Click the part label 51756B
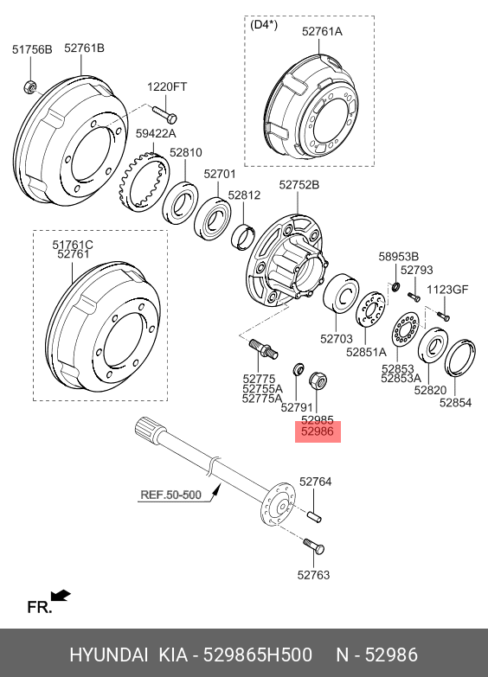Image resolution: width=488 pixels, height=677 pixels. (32, 49)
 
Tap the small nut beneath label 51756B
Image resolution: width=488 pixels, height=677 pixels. (29, 86)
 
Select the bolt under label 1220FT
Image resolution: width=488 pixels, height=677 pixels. (164, 113)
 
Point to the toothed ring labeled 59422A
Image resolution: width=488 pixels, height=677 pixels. (144, 182)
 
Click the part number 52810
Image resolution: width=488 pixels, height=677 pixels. (186, 152)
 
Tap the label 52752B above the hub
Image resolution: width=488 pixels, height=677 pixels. (299, 185)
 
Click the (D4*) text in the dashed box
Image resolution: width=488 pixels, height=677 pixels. (264, 24)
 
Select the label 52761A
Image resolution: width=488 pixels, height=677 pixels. (322, 31)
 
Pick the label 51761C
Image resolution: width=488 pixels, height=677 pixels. (73, 245)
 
